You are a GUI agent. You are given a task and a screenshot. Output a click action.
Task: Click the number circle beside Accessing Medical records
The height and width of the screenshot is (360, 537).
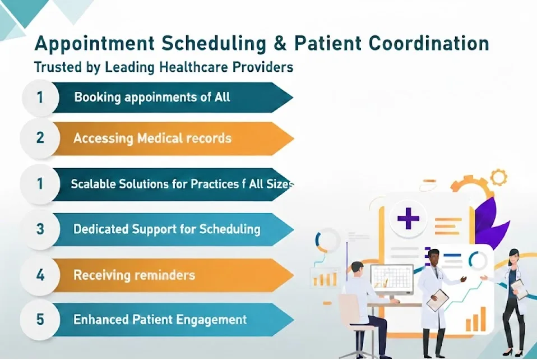[x=40, y=138]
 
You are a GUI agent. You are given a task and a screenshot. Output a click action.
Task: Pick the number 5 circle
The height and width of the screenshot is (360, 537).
[x=40, y=320]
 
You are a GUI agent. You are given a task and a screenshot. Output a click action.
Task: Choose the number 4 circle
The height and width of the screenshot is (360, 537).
[x=40, y=275]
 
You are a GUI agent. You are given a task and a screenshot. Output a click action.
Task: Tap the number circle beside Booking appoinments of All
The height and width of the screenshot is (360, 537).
[x=40, y=97]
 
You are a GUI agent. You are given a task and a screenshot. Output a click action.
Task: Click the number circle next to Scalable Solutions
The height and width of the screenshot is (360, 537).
[x=40, y=183]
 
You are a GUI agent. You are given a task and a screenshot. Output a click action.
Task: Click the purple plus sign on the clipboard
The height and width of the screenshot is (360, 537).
[x=408, y=218]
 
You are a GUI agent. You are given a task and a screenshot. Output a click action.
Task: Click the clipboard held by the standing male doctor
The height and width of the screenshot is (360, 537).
[x=437, y=300]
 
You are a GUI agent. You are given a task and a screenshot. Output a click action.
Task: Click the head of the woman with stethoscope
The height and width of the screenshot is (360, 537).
[x=513, y=257]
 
